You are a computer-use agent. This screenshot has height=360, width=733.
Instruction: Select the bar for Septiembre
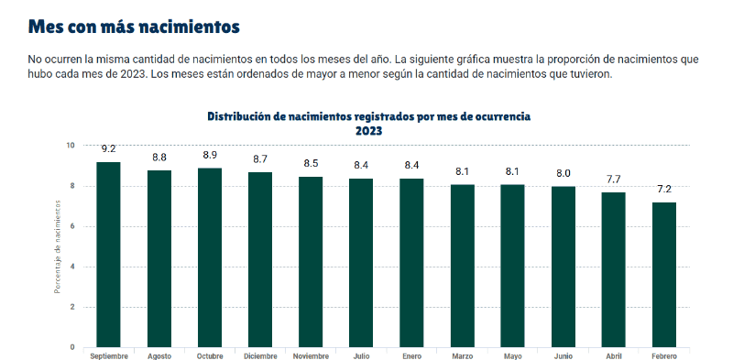[108, 255]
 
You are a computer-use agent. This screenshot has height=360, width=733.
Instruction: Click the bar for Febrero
[663, 275]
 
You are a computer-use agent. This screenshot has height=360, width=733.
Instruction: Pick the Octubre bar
[209, 257]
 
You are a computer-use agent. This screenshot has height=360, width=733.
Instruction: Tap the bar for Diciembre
[259, 259]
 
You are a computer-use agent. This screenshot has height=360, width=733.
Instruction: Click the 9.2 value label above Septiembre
[108, 148]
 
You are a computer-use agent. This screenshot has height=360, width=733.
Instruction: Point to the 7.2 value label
[663, 189]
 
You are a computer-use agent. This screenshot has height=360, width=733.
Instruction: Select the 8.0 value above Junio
[563, 173]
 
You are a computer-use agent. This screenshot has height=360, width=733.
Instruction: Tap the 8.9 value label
[209, 155]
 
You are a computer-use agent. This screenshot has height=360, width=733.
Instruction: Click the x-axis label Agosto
[159, 355]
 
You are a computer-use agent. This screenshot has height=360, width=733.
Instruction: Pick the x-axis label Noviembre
[310, 355]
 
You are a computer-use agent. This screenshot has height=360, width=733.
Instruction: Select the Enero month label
[411, 355]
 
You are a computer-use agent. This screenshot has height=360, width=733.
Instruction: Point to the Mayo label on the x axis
[512, 355]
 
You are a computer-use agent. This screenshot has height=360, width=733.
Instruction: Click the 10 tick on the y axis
[71, 146]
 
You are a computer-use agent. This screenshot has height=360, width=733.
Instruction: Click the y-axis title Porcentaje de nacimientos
[57, 247]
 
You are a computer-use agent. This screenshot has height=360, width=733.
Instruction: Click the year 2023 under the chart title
[368, 130]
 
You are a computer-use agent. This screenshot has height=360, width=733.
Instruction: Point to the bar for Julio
[361, 263]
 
